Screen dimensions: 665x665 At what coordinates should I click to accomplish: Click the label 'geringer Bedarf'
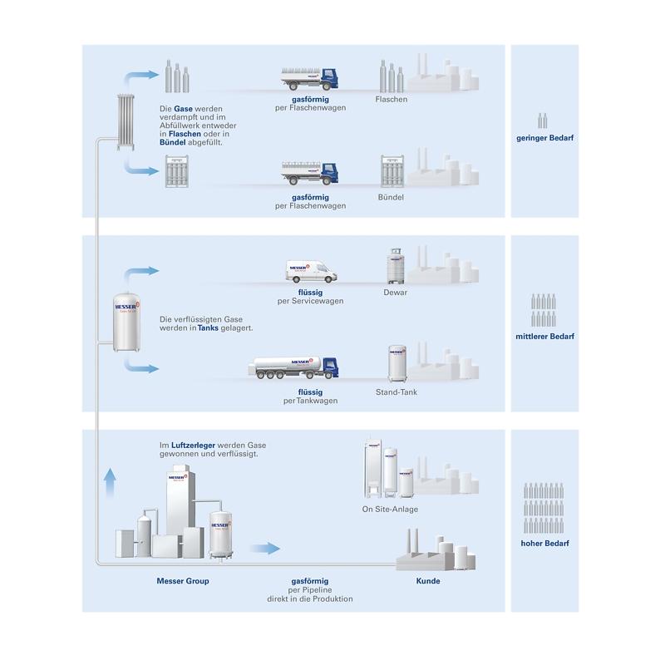pyautogui.click(x=544, y=138)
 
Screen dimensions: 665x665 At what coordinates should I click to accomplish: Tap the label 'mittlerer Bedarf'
pyautogui.click(x=544, y=337)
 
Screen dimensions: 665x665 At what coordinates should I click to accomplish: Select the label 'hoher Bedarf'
pyautogui.click(x=544, y=544)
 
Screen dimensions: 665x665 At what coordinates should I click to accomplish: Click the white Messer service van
pyautogui.click(x=311, y=271)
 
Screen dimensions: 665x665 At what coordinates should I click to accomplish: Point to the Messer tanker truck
pyautogui.click(x=293, y=367)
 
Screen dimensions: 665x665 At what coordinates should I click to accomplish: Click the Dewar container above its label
pyautogui.click(x=396, y=266)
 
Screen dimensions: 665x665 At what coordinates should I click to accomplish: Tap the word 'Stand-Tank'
pyautogui.click(x=397, y=392)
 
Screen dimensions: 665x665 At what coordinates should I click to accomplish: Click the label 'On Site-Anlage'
pyautogui.click(x=390, y=509)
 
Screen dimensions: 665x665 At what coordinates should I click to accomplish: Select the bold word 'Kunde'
pyautogui.click(x=427, y=581)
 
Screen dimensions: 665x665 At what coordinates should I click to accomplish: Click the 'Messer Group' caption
pyautogui.click(x=183, y=581)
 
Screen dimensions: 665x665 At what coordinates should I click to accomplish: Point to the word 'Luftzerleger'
pyautogui.click(x=193, y=446)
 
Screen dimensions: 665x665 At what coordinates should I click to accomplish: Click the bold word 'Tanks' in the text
pyautogui.click(x=208, y=328)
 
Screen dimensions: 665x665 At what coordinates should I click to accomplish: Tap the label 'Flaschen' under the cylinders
pyautogui.click(x=391, y=99)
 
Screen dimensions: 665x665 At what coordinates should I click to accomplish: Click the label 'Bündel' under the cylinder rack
pyautogui.click(x=391, y=197)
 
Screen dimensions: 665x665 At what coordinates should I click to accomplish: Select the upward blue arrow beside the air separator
pyautogui.click(x=110, y=483)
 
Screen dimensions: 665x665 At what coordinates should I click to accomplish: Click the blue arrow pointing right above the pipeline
pyautogui.click(x=265, y=549)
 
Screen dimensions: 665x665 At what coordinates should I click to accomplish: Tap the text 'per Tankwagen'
pyautogui.click(x=310, y=401)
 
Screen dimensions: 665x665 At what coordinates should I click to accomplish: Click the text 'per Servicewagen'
pyautogui.click(x=310, y=301)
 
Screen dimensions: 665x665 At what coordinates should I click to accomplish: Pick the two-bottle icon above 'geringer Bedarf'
pyautogui.click(x=543, y=121)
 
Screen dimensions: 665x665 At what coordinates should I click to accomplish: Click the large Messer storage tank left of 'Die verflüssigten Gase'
pyautogui.click(x=126, y=323)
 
